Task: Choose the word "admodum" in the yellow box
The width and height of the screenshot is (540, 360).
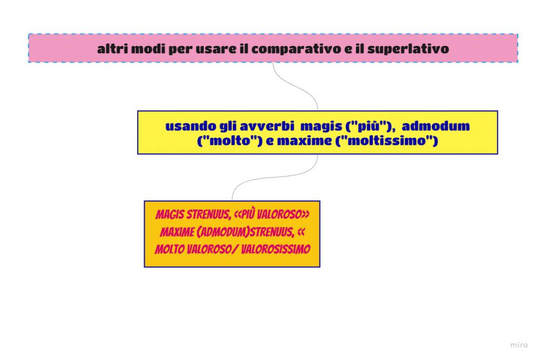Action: coord(436,127)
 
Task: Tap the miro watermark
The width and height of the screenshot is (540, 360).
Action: coord(519,345)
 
